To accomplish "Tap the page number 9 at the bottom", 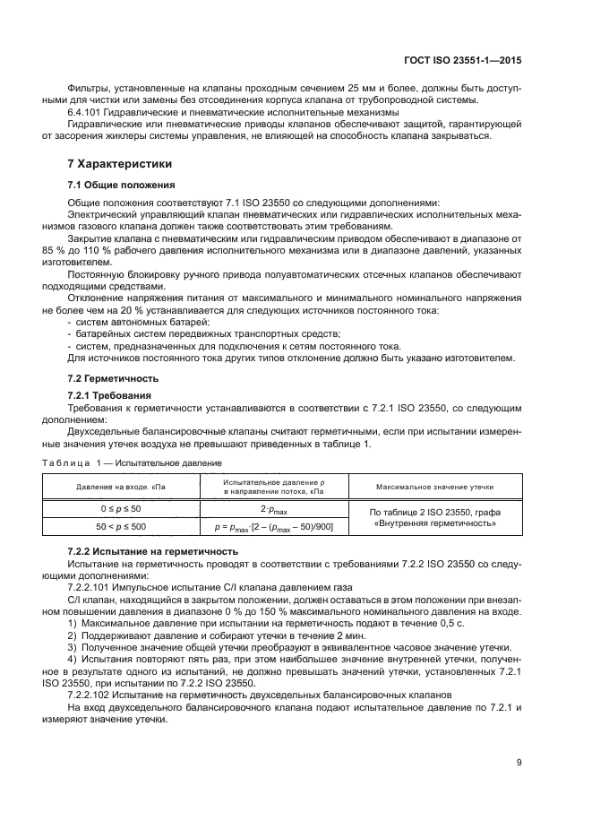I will click(519, 764).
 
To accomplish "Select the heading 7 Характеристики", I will click(121, 165).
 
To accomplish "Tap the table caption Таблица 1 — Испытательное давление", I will click(133, 463).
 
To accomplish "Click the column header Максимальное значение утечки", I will click(436, 487).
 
